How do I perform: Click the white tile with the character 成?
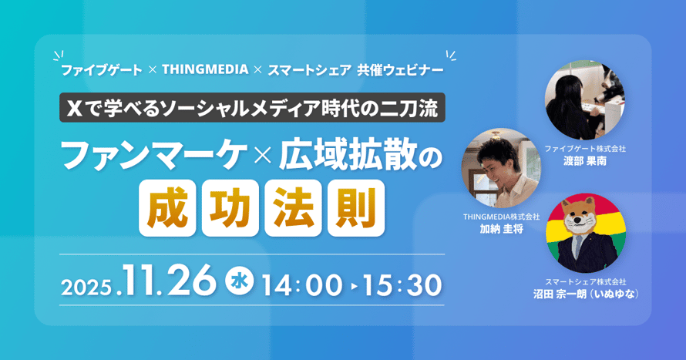(x=167, y=208)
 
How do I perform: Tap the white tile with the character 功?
(x=230, y=208)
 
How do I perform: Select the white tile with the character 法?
(x=293, y=208)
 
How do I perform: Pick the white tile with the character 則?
(x=356, y=208)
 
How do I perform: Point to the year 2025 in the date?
(x=86, y=288)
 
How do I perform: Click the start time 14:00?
(x=302, y=285)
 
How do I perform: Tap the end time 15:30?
(x=402, y=285)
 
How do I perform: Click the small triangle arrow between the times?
(x=354, y=287)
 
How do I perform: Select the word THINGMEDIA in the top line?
(x=205, y=69)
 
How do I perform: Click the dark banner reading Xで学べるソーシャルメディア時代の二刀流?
(x=253, y=108)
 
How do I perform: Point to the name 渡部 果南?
(x=585, y=161)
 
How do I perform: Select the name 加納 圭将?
(x=501, y=229)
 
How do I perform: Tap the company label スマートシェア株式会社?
(x=586, y=281)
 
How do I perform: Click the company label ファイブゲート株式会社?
(x=585, y=149)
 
